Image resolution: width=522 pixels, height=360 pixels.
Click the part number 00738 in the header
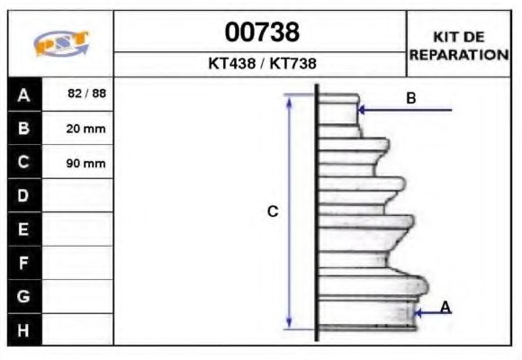pyautogui.click(x=261, y=32)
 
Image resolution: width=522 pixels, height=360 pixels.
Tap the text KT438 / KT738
pyautogui.click(x=261, y=64)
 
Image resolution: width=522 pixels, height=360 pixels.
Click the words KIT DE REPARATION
pyautogui.click(x=459, y=46)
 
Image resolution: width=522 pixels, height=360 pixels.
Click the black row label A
pyautogui.click(x=23, y=94)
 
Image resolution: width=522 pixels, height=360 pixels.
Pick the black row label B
pyautogui.click(x=23, y=129)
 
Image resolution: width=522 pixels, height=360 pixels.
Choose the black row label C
pyautogui.click(x=23, y=163)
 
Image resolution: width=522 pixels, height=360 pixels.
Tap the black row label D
pyautogui.click(x=23, y=196)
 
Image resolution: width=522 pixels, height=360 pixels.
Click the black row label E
pyautogui.click(x=23, y=229)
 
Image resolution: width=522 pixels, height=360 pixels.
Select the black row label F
pyautogui.click(x=23, y=263)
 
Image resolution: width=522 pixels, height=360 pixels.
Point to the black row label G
pyautogui.click(x=23, y=296)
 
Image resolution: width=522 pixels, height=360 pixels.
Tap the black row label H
pyautogui.click(x=23, y=330)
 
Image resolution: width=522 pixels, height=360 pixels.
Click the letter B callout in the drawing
pyautogui.click(x=410, y=98)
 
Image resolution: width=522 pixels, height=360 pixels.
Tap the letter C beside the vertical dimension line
pyautogui.click(x=273, y=212)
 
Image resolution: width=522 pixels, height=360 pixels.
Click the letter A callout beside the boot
pyautogui.click(x=445, y=308)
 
